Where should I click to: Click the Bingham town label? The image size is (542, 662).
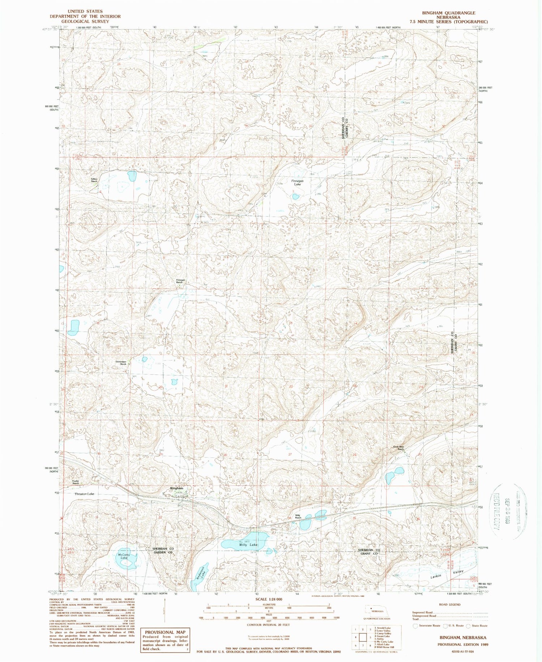click(x=177, y=488)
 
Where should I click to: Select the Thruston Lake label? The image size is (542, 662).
click(x=84, y=494)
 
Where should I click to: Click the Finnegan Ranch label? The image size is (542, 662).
click(x=180, y=281)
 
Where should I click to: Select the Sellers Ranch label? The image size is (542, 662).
click(x=94, y=180)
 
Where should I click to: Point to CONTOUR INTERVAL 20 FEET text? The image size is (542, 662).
click(x=268, y=625)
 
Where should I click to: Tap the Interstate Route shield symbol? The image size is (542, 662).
click(x=416, y=625)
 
